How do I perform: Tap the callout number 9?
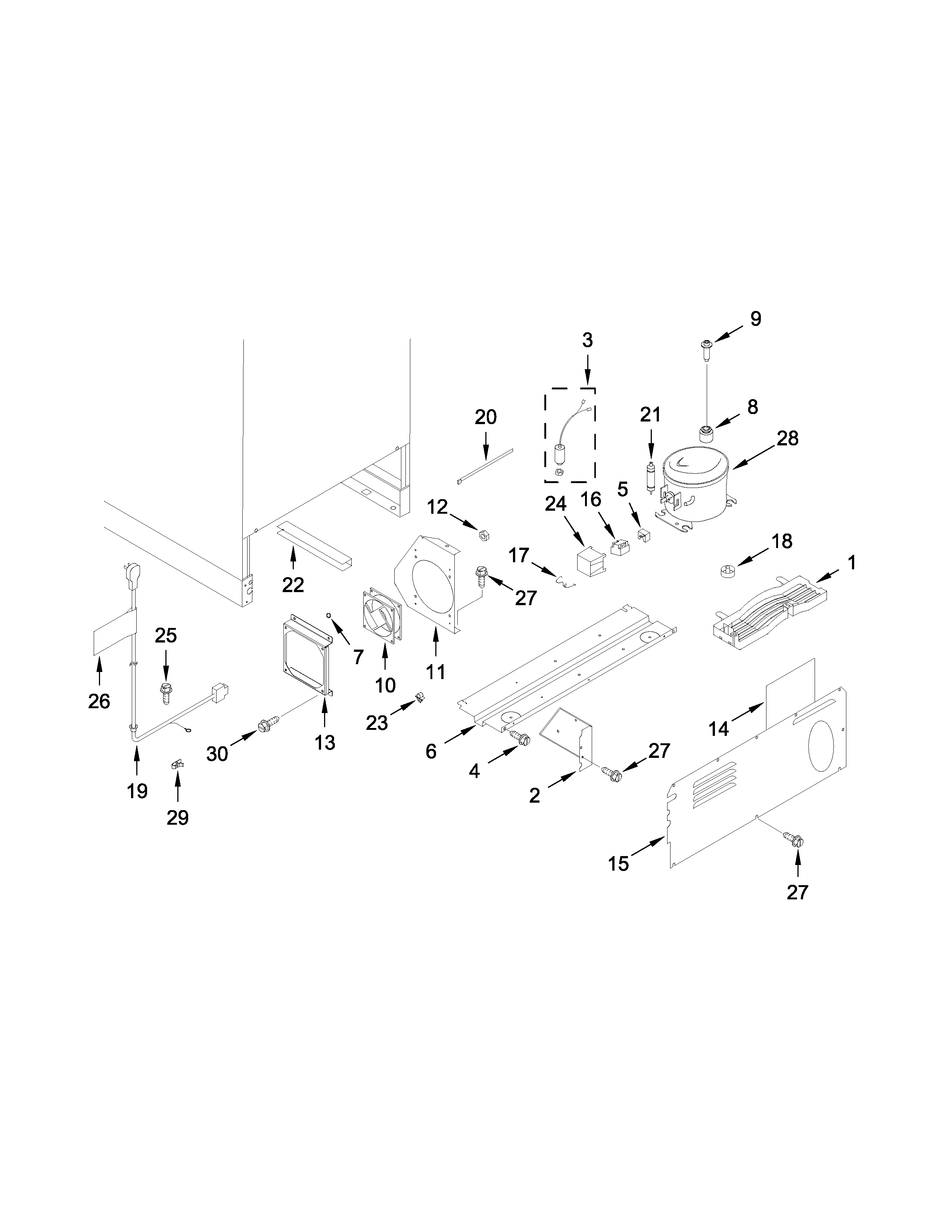[x=756, y=319]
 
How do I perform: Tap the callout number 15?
[x=618, y=864]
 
